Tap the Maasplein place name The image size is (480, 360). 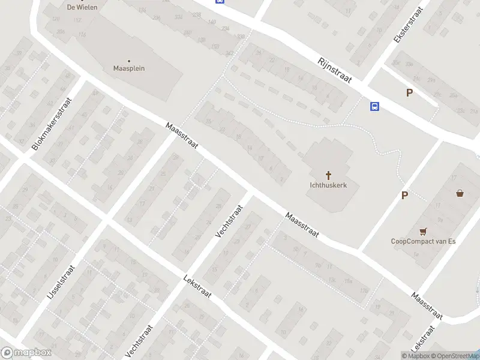[x=129, y=68]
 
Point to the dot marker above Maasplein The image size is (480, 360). [x=129, y=60]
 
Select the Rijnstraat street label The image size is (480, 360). [x=334, y=69]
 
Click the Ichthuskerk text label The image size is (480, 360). [x=329, y=185]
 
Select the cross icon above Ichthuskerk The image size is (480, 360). [x=329, y=175]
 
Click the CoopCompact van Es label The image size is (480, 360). [x=424, y=241]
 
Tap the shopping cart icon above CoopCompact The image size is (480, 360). [x=424, y=231]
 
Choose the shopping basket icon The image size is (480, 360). [x=460, y=193]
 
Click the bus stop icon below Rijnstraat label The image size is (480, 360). [x=374, y=107]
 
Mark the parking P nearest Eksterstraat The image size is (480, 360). [x=410, y=93]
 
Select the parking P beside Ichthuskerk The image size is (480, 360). [x=404, y=195]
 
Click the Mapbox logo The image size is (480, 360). [x=26, y=353]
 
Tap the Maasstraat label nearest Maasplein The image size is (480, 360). [x=182, y=136]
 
